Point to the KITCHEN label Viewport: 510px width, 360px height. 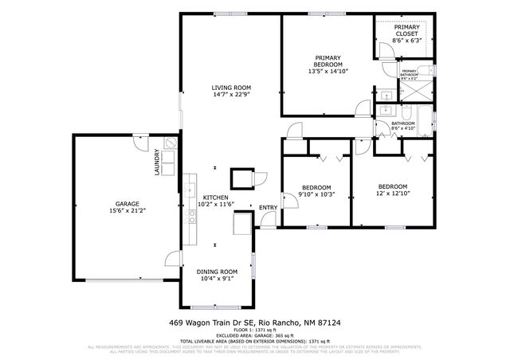[215, 198]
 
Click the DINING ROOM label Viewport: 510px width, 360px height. [217, 272]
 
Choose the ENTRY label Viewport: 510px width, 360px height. [268, 208]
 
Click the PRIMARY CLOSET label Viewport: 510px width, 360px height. [406, 31]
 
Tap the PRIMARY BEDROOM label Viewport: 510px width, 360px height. [328, 61]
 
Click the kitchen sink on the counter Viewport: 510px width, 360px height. [191, 190]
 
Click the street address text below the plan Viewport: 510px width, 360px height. [254, 323]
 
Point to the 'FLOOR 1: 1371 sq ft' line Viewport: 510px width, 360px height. [255, 330]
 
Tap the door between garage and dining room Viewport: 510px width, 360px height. [172, 259]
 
